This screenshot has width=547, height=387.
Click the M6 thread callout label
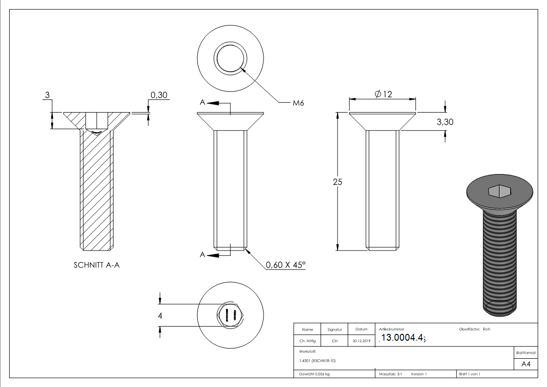[298, 103]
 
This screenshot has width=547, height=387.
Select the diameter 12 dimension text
[383, 94]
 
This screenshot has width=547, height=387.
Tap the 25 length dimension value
[337, 182]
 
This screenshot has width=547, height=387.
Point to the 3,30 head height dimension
[445, 122]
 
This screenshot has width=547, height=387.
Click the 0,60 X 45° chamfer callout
[285, 265]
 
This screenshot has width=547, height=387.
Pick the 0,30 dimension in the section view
[159, 95]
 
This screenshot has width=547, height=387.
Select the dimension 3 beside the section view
[47, 95]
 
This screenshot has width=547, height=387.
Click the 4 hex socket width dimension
[160, 316]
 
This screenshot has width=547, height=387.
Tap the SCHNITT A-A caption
[96, 265]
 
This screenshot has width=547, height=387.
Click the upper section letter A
[202, 102]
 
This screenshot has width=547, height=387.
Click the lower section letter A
[202, 254]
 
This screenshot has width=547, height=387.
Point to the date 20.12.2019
[361, 341]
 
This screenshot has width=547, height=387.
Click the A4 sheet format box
[526, 364]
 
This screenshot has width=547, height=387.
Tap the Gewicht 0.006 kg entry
[315, 374]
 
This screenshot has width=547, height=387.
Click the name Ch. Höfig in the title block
[307, 341]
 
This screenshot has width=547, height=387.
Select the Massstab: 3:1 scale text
[390, 374]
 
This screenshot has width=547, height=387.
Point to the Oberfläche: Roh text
[474, 329]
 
